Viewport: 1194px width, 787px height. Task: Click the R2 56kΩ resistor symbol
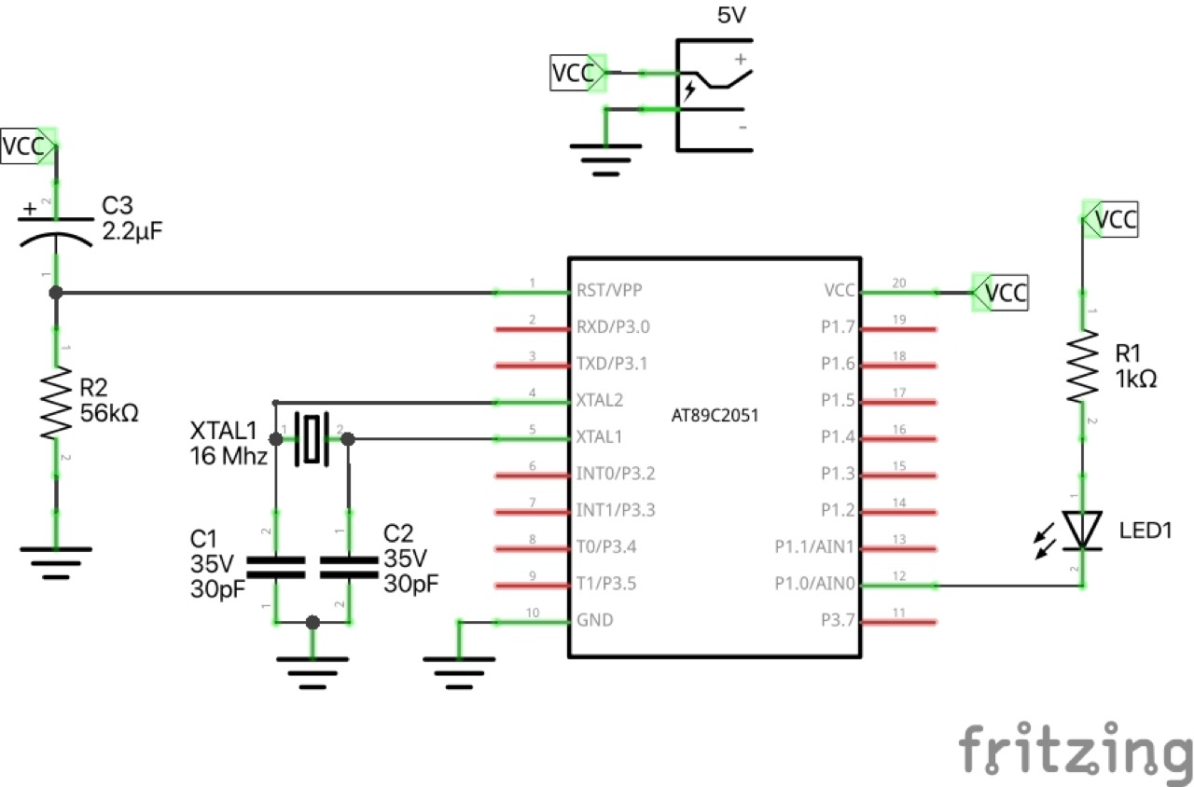point(55,403)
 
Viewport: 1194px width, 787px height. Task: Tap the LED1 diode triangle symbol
point(1083,531)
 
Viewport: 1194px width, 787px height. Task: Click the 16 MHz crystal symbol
point(311,438)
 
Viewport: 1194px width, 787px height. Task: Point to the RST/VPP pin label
point(609,290)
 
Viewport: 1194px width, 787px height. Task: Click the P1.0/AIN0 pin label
point(813,585)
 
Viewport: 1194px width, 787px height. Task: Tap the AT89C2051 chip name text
point(715,417)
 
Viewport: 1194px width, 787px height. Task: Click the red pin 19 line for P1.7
point(898,328)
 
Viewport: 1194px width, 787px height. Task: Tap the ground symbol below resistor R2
point(55,557)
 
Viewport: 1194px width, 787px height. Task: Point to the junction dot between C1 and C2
point(312,622)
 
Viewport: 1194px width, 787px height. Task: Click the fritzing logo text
point(1073,748)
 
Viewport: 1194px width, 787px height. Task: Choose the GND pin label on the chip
point(596,619)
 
